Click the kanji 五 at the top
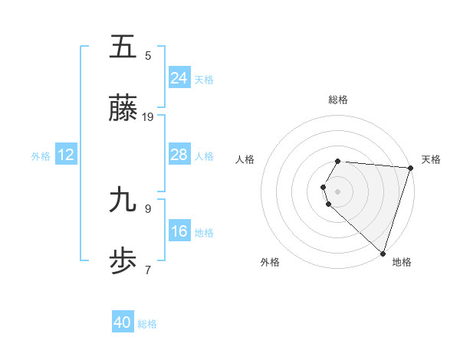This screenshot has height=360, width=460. click(123, 47)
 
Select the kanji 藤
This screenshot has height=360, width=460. click(123, 110)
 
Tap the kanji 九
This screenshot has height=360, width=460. click(123, 201)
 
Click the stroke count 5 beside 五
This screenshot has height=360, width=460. click(148, 55)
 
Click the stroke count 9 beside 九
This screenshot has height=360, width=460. click(148, 208)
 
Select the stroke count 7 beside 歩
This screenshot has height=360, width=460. click(148, 270)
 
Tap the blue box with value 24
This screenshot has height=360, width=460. click(179, 78)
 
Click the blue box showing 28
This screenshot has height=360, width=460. click(179, 155)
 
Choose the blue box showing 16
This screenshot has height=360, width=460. click(179, 231)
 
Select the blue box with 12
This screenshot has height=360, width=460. click(66, 155)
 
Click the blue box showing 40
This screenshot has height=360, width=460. click(123, 322)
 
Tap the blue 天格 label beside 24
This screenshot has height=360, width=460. click(204, 80)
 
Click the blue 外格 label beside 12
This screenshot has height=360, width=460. click(41, 156)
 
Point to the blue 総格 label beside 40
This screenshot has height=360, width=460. click(147, 324)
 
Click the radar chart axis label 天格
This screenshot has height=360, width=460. click(431, 159)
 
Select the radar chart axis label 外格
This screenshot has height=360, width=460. click(270, 262)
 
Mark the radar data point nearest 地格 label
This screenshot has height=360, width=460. click(383, 254)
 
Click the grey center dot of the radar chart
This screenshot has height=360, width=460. click(338, 191)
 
